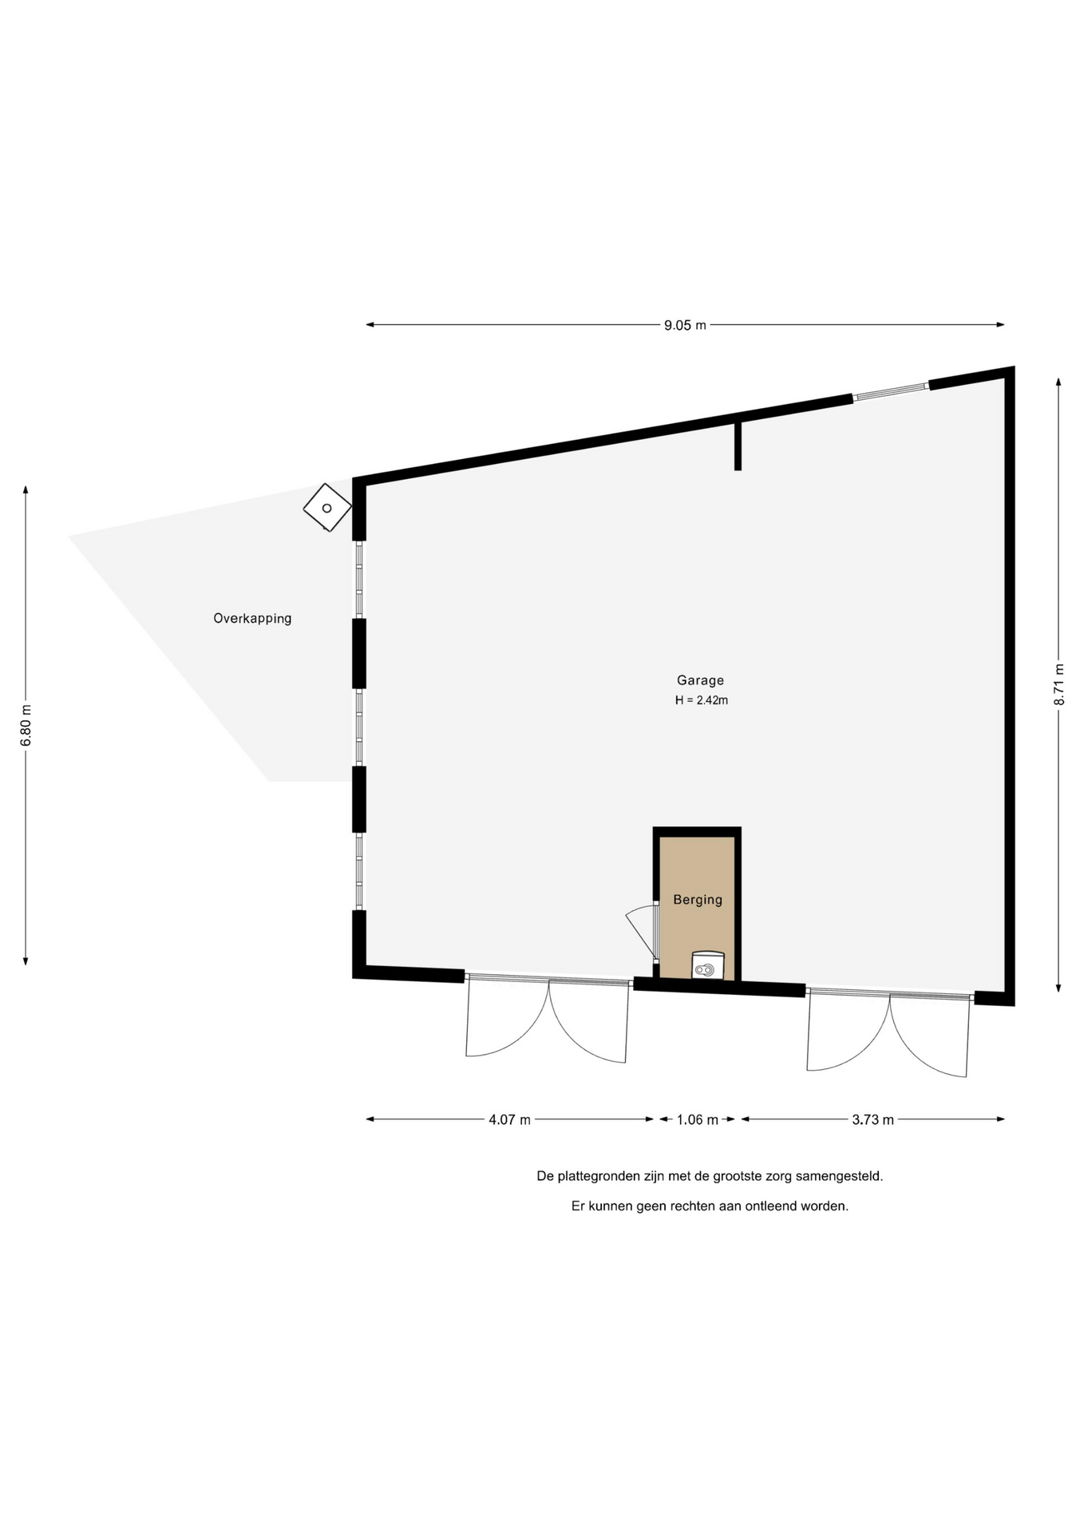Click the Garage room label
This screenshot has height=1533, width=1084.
pos(700,680)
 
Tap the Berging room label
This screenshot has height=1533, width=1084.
pos(698,900)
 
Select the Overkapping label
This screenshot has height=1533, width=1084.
pos(252,618)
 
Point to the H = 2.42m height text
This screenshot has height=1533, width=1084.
pos(702,700)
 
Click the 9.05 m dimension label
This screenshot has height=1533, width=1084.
pos(685,325)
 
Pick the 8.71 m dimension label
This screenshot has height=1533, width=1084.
pos(1058,685)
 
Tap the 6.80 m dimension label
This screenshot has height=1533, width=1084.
pos(26,725)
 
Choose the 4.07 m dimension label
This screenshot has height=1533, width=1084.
pos(509,1119)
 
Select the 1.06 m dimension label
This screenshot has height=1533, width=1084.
pos(697,1119)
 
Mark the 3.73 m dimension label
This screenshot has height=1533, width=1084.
pos(872,1119)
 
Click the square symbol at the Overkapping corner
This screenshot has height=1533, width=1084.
pos(327,508)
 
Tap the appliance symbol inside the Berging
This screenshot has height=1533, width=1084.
pos(707,966)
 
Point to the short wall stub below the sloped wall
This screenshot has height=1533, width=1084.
pos(738,443)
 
